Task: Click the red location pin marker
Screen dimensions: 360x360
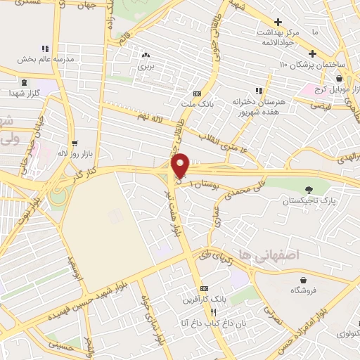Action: click(181, 165)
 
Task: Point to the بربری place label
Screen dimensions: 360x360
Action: click(145, 65)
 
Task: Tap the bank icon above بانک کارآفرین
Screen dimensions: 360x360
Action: click(204, 288)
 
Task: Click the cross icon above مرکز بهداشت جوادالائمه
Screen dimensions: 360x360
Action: click(278, 22)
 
